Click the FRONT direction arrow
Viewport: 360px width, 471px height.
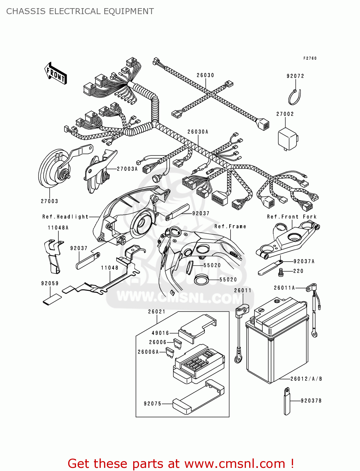(56, 73)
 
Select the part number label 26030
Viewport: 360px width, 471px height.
(205, 75)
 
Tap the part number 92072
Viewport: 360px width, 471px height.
(295, 76)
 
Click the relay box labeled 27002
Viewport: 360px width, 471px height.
(287, 138)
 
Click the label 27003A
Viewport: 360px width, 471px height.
(127, 169)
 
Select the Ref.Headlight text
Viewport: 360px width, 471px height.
(65, 217)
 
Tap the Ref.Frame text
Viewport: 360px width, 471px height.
(230, 226)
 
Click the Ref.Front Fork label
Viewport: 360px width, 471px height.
(292, 217)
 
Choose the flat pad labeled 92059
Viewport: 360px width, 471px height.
(52, 300)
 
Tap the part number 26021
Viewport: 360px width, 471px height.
(156, 311)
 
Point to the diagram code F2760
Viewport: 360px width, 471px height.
(310, 58)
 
